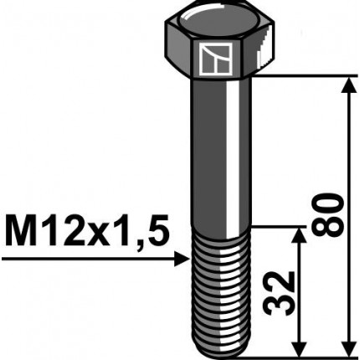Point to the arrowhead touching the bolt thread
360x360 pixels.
(x=181, y=260)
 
